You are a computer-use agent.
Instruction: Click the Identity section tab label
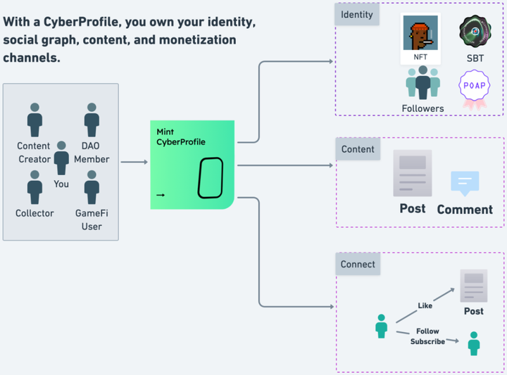point(356,15)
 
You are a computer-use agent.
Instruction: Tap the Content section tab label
point(357,149)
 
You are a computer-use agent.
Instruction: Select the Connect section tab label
point(358,265)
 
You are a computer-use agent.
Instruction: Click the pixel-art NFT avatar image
point(420,32)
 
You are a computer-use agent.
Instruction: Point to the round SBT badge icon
point(475,32)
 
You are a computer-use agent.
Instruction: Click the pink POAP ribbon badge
point(474,88)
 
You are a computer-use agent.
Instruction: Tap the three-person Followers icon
point(423,84)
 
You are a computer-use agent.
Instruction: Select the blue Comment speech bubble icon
point(465,183)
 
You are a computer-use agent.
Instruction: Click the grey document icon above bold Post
point(413,172)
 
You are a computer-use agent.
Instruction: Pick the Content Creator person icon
point(35,120)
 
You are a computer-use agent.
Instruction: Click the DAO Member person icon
point(92,120)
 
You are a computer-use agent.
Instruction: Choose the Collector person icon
point(35,187)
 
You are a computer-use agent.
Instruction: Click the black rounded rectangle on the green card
point(210,177)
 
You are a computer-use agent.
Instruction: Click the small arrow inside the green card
point(161,196)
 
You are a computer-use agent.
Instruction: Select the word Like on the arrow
point(425,306)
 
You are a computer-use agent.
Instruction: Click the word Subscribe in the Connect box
point(427,342)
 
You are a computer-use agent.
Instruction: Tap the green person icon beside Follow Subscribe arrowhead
point(474,343)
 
